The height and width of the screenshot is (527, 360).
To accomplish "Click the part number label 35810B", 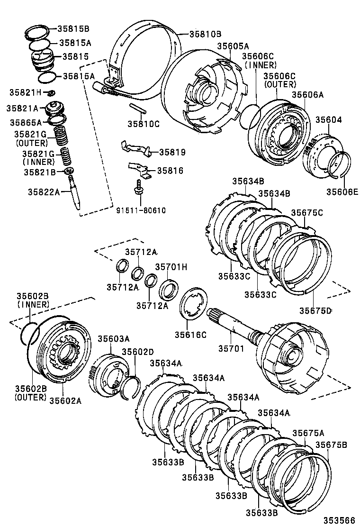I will click(206, 34).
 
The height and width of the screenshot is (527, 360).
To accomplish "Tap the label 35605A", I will click(233, 46).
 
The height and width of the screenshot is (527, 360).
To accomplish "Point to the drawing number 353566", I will click(339, 520).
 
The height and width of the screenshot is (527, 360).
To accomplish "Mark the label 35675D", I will click(315, 310).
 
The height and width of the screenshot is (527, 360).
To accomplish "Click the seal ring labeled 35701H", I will click(168, 290).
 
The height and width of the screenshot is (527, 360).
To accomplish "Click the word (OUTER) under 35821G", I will click(32, 143).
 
